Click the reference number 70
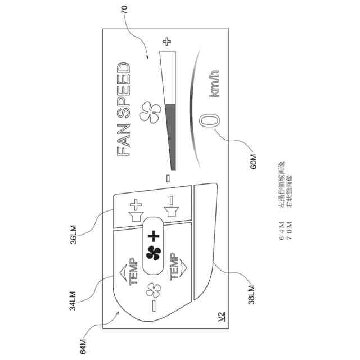point(124,10)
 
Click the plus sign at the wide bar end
point(166,41)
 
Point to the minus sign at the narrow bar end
point(168,178)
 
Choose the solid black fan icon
point(152,254)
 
